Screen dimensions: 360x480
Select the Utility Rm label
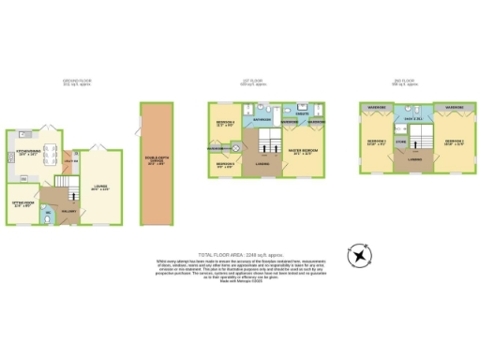click(68, 165)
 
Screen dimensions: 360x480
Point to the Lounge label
click(100, 187)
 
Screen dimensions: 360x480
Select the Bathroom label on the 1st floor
click(262, 120)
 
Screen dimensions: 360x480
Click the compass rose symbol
click(360, 255)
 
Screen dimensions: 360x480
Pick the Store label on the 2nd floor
click(400, 143)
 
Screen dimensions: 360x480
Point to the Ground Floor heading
click(77, 82)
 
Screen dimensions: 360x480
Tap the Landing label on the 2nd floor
click(413, 159)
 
